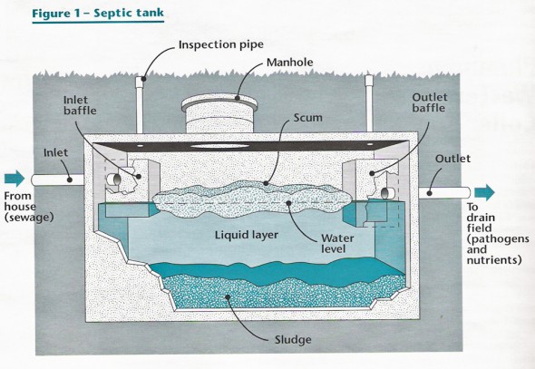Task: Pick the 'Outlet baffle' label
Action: tap(431, 106)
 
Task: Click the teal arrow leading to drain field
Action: tap(484, 191)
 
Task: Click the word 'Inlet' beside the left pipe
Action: tap(58, 154)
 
